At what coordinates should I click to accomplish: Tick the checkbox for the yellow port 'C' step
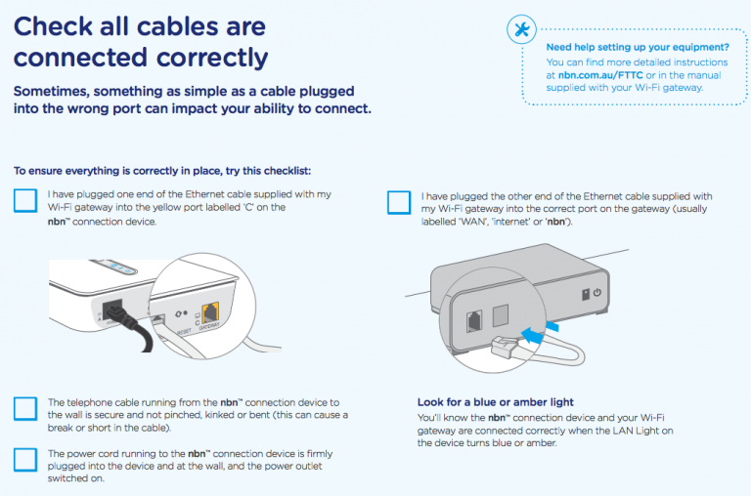point(26,201)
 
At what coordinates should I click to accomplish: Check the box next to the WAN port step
point(399,202)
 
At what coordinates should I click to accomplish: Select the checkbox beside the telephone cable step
point(26,407)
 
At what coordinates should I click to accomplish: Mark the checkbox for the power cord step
point(26,459)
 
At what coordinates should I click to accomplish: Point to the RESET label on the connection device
point(182,330)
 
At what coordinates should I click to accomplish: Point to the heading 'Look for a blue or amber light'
point(495,402)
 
